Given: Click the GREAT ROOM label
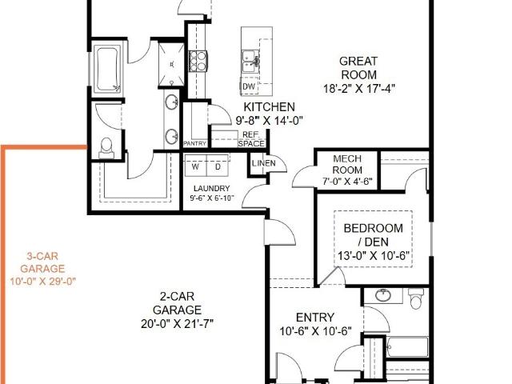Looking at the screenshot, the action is [x=358, y=68].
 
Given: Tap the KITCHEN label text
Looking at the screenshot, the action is [x=270, y=107].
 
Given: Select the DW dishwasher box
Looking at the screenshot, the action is [x=249, y=86].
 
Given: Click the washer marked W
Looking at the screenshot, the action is [x=195, y=166].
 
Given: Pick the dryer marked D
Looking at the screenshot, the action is [x=218, y=166].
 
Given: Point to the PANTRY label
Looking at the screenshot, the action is [x=195, y=143].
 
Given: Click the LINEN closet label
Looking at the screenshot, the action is [x=264, y=163].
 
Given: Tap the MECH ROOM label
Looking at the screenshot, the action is [x=347, y=164].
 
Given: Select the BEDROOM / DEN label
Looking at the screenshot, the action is [x=374, y=234].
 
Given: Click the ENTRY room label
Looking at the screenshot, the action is [x=315, y=318].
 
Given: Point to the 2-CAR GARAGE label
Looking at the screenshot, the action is [x=177, y=303].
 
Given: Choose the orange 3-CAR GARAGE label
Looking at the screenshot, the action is [x=42, y=262].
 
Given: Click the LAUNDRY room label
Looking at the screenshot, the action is [x=211, y=189].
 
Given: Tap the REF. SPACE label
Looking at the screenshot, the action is [x=251, y=139].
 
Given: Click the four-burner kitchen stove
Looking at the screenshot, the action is [x=198, y=61].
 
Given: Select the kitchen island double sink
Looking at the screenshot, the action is [x=250, y=61].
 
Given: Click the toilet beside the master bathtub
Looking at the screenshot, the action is [x=106, y=148].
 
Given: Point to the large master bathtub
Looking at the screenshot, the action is [x=107, y=70].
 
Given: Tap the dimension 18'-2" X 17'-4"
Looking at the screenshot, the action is [x=359, y=89].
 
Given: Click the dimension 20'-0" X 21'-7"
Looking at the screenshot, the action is [x=177, y=324].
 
